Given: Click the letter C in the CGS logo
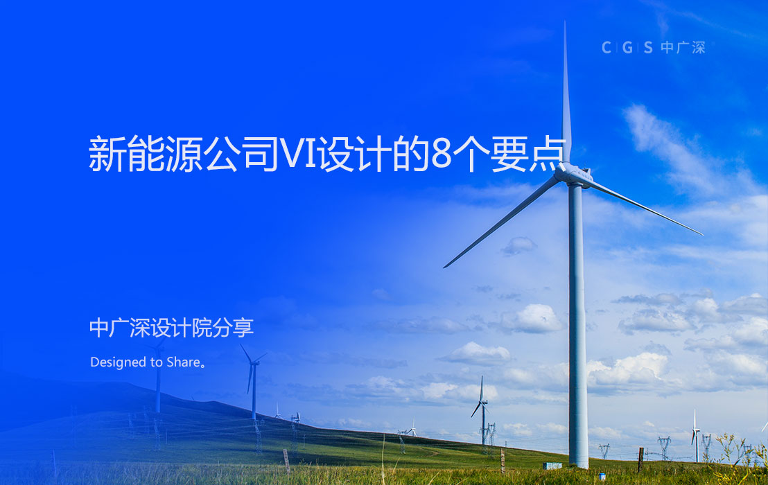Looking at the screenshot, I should [x=606, y=48].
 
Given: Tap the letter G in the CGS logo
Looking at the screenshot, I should [x=627, y=48].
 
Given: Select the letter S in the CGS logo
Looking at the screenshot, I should [x=647, y=48].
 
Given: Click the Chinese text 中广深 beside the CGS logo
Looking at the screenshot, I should [x=683, y=48].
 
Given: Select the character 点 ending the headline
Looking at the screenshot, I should [x=548, y=155].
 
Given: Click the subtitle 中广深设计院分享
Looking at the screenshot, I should [x=171, y=328].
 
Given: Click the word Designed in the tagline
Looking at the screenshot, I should [x=116, y=362].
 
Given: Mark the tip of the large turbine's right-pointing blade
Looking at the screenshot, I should [x=701, y=233].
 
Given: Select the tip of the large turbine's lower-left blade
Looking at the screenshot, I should [x=445, y=266].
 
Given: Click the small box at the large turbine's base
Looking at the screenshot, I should [x=552, y=466].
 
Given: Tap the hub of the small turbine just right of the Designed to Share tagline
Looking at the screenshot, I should [x=252, y=363].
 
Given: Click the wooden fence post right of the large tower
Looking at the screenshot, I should [x=640, y=459].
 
